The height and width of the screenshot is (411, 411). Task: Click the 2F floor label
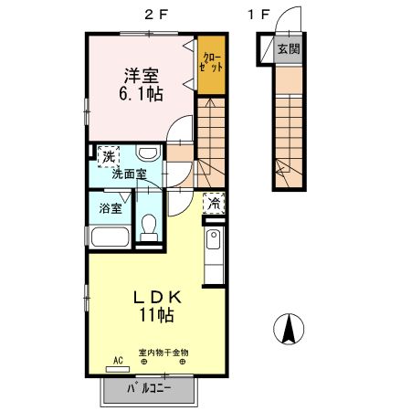pos(156,15)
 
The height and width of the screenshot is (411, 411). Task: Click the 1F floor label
pos(259,15)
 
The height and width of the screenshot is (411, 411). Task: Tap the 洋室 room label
pos(142,76)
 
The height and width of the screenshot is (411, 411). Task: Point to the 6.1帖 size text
pos(141,93)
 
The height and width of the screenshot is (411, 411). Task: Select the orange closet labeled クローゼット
pos(211,65)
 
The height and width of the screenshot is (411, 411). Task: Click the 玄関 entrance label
pos(289,48)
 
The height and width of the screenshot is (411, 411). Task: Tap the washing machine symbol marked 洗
pos(109,156)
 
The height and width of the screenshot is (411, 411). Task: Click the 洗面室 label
pos(130,174)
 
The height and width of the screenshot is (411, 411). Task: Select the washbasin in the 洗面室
pos(148,153)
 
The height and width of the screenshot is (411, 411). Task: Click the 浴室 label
pos(111,208)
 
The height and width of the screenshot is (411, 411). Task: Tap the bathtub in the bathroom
pos(111,237)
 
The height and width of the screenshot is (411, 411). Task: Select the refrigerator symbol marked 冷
pos(214,204)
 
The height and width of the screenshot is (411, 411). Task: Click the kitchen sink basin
pos(214,239)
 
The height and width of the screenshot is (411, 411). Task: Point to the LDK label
pos(158,298)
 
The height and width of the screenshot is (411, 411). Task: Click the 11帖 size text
pos(157,315)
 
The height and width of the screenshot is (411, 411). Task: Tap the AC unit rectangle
pos(118,369)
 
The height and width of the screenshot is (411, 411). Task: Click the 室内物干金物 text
pos(163,353)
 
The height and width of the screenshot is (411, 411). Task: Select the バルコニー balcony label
pos(149,388)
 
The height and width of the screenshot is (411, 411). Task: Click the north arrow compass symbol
pos(289,329)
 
